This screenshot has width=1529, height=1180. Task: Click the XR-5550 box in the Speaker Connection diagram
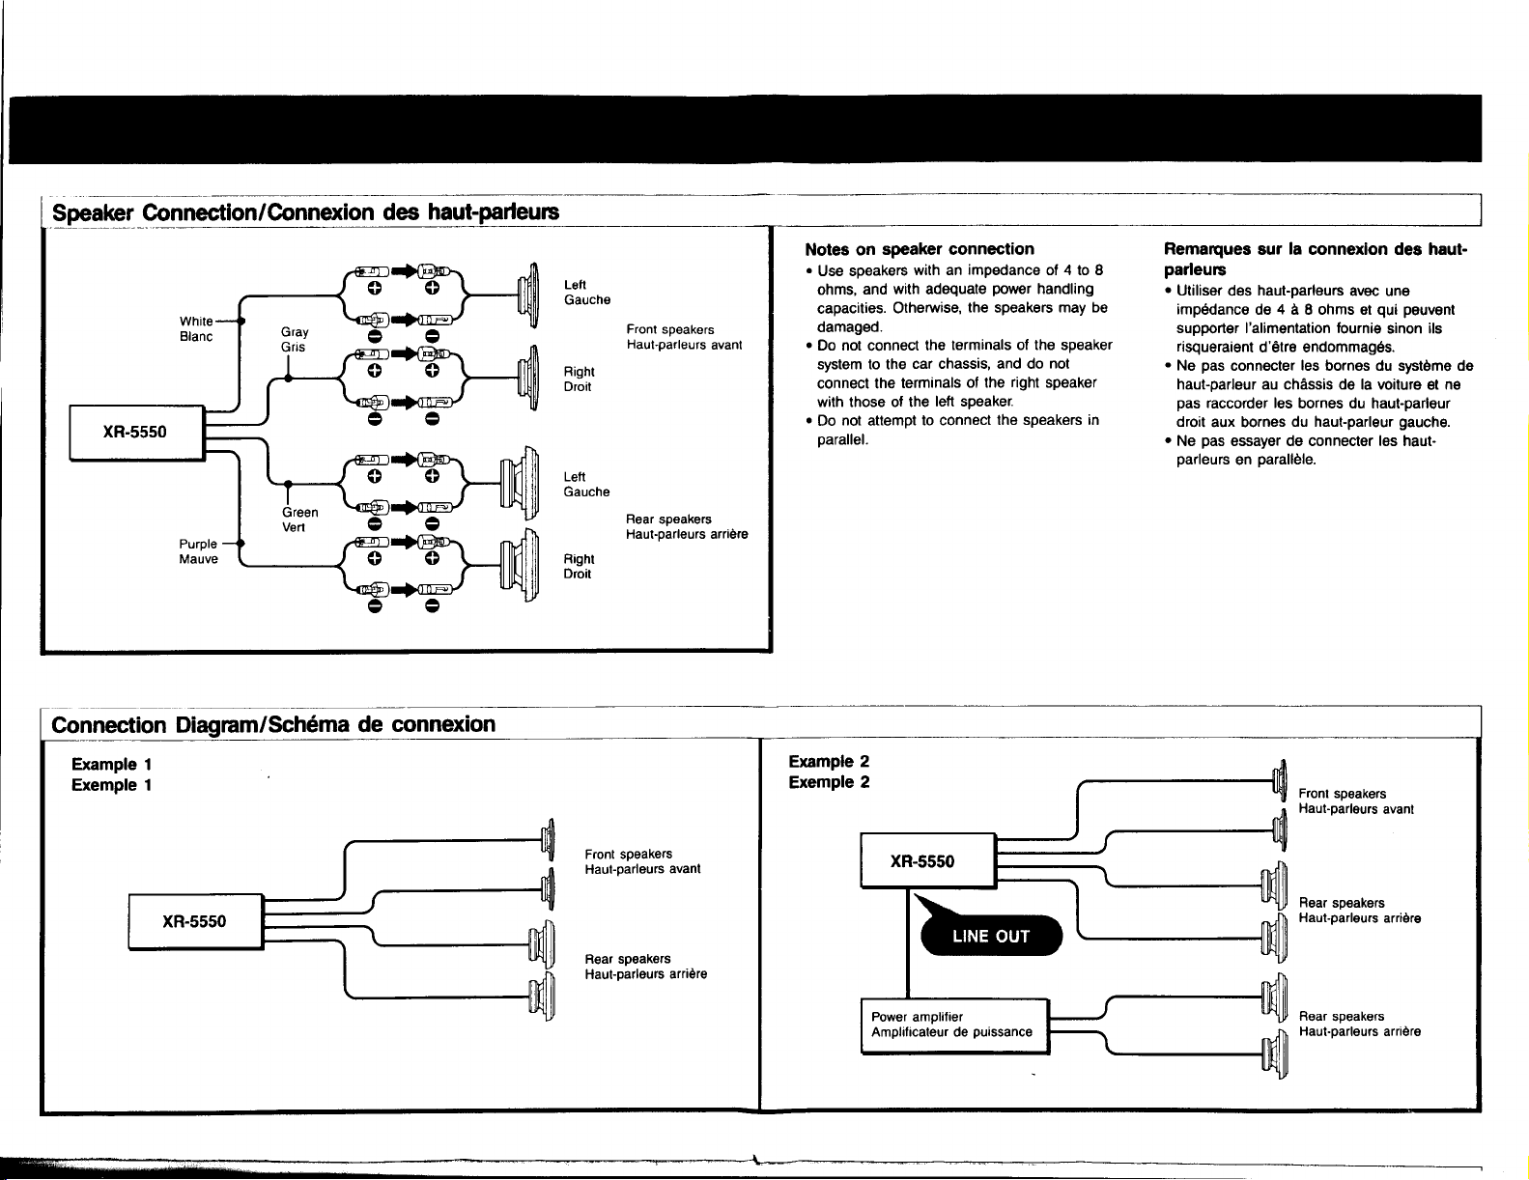coord(137,433)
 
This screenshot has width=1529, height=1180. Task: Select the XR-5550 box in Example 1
coord(196,922)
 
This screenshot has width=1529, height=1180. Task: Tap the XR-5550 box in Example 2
coord(928,861)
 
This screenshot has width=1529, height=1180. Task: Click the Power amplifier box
coord(955,1026)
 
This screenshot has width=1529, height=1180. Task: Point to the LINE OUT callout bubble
coord(991,936)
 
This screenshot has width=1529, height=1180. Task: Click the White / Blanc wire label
coord(196,328)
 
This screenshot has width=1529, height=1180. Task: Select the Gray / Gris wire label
coord(295,339)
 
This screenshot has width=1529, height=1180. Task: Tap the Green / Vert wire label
coord(299,520)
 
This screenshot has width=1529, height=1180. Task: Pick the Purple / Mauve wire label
coord(198,551)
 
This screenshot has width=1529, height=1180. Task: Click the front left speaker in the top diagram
coord(528,295)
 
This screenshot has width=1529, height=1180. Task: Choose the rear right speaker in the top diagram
coord(520,565)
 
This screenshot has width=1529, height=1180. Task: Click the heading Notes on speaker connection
coord(919,249)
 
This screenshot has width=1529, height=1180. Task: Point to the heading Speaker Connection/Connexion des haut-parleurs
coord(305,212)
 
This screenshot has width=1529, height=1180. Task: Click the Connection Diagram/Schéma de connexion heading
coord(273,724)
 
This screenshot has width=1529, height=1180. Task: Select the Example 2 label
coord(829,762)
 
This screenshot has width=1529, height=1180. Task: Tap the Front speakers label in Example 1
coord(629,854)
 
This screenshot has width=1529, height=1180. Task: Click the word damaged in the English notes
coord(849,327)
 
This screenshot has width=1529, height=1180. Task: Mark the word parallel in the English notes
coord(842,439)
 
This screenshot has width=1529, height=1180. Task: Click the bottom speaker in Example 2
coord(1274,1054)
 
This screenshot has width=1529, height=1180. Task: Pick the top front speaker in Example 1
coord(548,839)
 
